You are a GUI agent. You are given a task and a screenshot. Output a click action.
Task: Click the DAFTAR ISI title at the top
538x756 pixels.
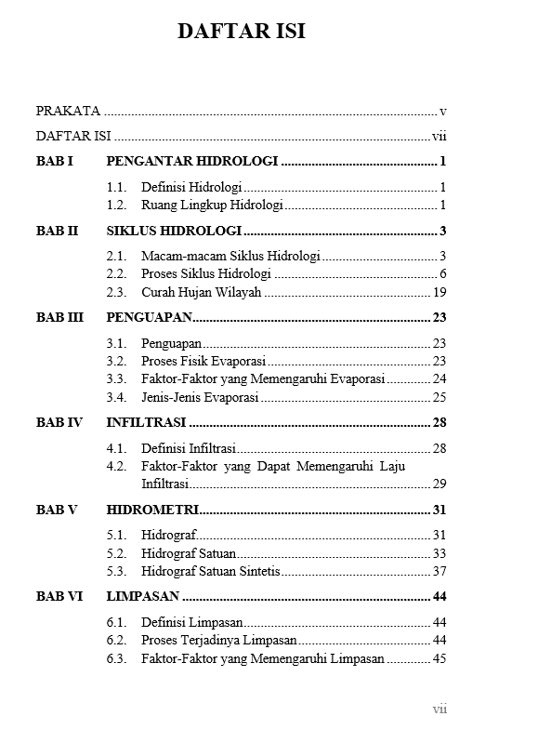click(x=242, y=33)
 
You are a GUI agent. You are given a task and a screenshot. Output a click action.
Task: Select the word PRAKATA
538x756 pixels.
click(x=68, y=111)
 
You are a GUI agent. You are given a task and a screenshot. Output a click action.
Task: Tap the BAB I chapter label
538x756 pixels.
click(x=54, y=161)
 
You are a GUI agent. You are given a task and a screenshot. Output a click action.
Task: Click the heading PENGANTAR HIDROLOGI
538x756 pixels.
click(x=192, y=161)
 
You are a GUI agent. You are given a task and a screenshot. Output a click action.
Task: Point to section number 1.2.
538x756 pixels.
click(x=116, y=205)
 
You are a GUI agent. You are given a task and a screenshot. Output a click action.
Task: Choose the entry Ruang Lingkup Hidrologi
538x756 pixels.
click(x=212, y=205)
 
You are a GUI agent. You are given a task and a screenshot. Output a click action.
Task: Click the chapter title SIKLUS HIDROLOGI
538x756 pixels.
click(x=175, y=231)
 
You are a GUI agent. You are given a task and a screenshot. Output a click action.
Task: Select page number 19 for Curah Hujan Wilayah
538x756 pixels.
click(x=440, y=292)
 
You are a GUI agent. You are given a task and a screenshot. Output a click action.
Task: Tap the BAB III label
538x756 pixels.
click(x=59, y=317)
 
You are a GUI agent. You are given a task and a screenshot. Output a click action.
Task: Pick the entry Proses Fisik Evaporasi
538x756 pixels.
click(x=203, y=361)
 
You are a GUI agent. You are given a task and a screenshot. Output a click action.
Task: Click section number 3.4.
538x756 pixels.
click(x=116, y=397)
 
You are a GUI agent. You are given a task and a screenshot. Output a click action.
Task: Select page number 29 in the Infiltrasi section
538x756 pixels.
click(x=440, y=484)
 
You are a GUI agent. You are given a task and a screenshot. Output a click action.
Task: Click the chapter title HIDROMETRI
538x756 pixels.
click(x=152, y=510)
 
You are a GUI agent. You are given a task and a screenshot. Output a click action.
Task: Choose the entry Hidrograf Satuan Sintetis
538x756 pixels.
click(x=210, y=571)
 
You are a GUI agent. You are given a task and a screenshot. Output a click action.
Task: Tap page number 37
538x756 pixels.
click(x=440, y=571)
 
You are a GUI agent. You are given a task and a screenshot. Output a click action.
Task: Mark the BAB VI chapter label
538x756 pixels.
click(x=59, y=597)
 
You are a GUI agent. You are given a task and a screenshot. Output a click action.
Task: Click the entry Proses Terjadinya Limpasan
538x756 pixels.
click(x=218, y=640)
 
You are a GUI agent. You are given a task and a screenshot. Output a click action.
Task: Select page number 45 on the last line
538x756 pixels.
click(x=440, y=658)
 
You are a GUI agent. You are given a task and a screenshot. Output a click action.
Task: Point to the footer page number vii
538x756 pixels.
click(x=440, y=710)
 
